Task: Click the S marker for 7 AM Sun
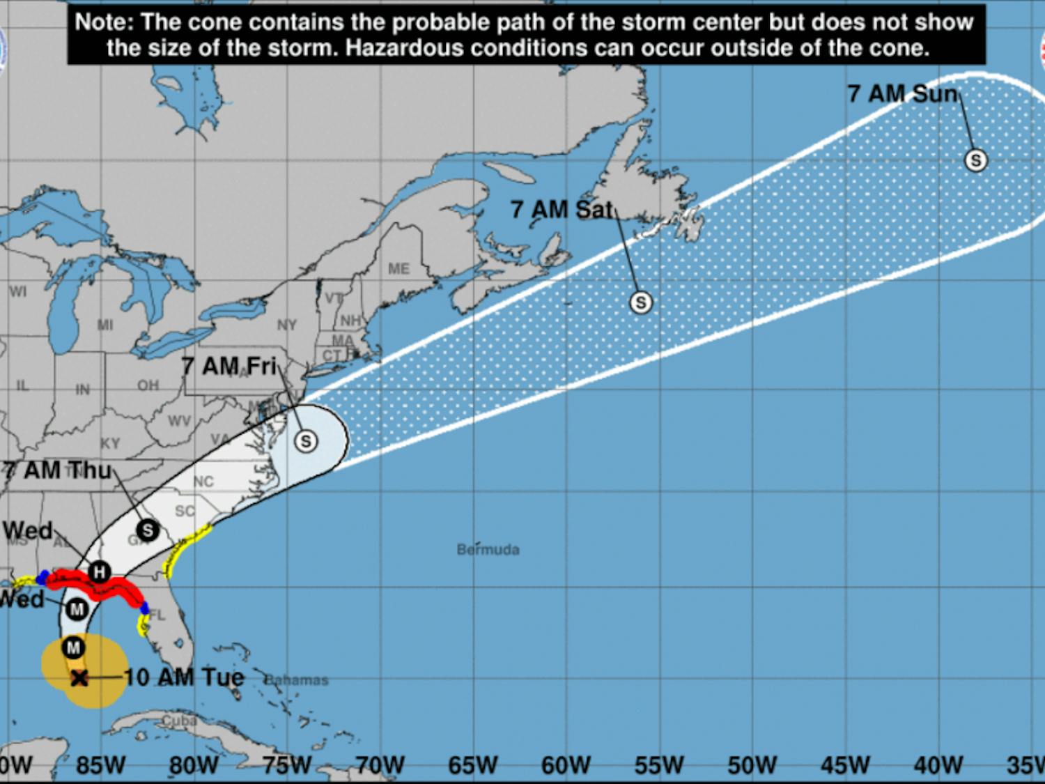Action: coord(975,160)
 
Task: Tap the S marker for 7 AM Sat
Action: coord(640,302)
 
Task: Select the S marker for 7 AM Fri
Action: coord(305,440)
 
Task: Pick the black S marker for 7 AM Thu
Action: coord(147,530)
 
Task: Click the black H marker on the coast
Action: coord(99,572)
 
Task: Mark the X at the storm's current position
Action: coord(79,677)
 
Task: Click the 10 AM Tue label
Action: coord(184,677)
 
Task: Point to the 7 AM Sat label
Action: coord(561,209)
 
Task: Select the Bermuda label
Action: coord(488,550)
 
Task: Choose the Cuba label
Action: coord(179,721)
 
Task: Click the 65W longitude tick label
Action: coord(472,765)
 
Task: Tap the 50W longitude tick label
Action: coord(752,765)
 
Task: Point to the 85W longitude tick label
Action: coord(101,765)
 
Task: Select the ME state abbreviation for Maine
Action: coord(398,269)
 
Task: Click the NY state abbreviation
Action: coord(286,325)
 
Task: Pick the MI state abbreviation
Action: coord(105,325)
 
